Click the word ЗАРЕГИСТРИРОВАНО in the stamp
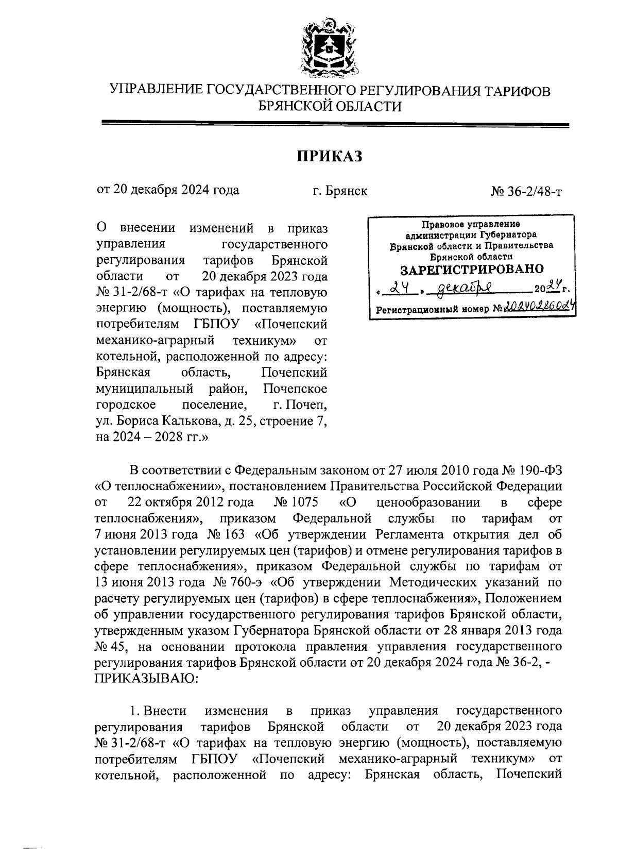pos(472,269)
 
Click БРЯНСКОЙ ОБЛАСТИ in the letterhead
pos(330,107)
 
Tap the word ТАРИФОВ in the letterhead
pos(515,91)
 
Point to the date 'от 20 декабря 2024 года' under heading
pos(168,190)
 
